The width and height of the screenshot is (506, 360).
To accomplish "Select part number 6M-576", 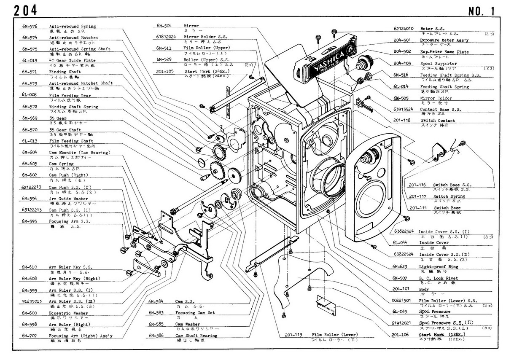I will (30, 26).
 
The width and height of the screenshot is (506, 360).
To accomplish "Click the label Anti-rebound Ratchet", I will (73, 38).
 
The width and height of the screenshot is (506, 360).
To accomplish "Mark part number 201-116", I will (417, 185).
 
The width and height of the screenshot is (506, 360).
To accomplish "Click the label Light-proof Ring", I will (438, 267).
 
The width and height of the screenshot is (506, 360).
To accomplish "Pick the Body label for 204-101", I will (424, 290).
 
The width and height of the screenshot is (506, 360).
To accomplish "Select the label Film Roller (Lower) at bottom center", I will (329, 335).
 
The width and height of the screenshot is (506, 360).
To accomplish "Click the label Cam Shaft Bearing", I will (196, 336).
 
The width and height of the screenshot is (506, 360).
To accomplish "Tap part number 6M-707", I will (30, 336).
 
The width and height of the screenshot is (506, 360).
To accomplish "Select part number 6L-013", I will (30, 141).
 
